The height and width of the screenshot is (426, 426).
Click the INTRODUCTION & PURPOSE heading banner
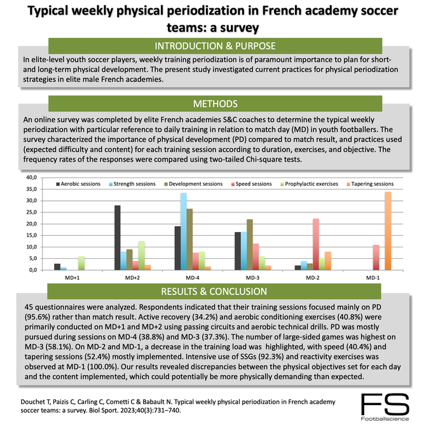click(x=212, y=46)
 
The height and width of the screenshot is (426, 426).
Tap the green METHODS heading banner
click(x=212, y=104)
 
